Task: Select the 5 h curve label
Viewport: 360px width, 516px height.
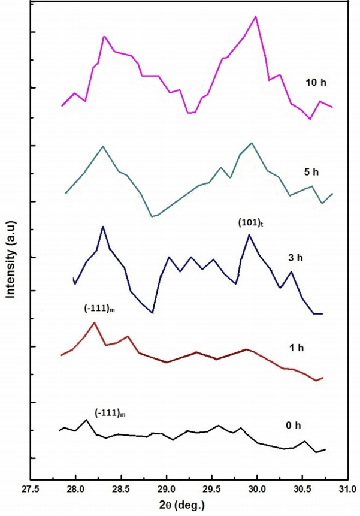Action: tap(311, 172)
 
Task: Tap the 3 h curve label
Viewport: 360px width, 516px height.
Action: tap(296, 258)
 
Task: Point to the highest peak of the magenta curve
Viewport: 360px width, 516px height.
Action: tap(256, 16)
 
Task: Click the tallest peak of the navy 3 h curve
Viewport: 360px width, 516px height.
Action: tap(103, 227)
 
